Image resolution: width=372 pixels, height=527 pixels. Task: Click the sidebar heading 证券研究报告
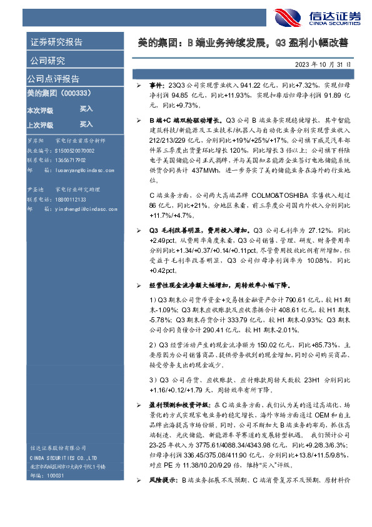pyautogui.click(x=56, y=43)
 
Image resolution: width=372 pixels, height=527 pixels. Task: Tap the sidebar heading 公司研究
pyautogui.click(x=48, y=61)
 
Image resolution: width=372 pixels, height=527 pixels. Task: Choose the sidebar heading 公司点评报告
pyautogui.click(x=53, y=79)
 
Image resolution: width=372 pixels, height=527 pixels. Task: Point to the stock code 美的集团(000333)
pyautogui.click(x=59, y=93)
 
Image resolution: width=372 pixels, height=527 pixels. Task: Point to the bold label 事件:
pyautogui.click(x=157, y=83)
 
